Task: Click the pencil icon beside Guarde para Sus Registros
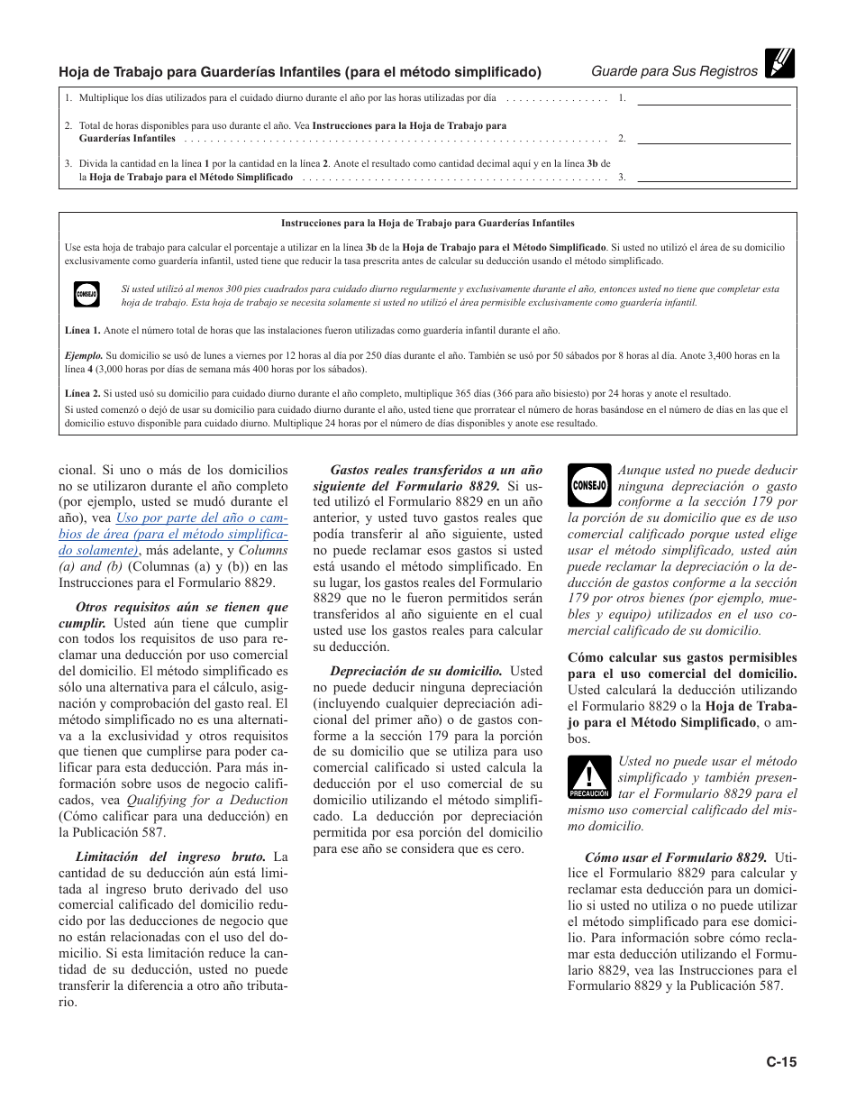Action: [780, 63]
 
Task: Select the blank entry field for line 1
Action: [714, 98]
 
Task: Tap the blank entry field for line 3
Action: [714, 176]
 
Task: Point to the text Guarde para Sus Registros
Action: [674, 71]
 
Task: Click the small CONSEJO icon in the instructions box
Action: [87, 295]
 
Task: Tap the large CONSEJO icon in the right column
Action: [589, 485]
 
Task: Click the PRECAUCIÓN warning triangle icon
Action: [589, 778]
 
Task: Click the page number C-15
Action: [781, 1062]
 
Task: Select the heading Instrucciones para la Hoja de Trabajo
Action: [427, 223]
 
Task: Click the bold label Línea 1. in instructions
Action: [83, 331]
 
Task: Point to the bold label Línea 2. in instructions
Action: [83, 393]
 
